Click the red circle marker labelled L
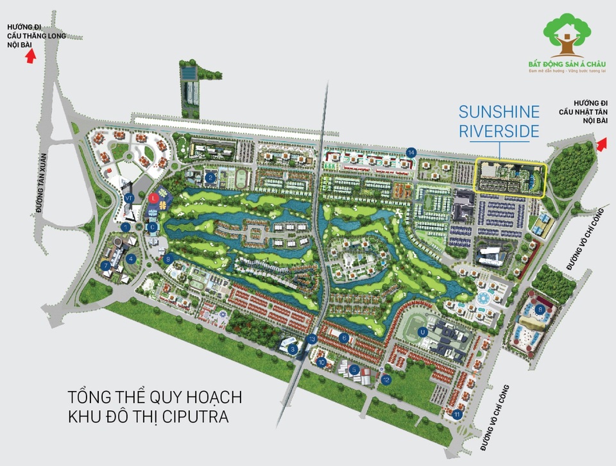click(x=153, y=198)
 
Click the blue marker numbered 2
click(x=210, y=178)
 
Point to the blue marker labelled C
click(x=153, y=226)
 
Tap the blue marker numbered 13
click(x=312, y=338)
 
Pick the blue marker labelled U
click(x=422, y=332)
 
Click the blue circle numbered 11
click(x=457, y=415)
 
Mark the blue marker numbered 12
click(x=386, y=379)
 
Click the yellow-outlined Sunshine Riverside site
click(x=509, y=179)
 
